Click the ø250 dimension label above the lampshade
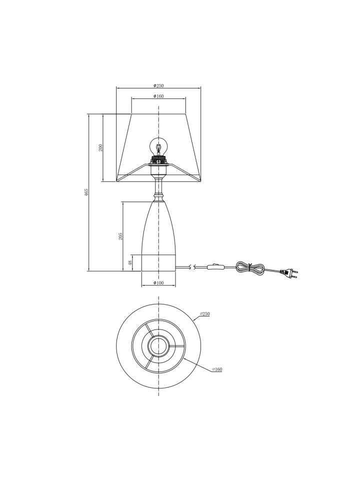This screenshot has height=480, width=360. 158,85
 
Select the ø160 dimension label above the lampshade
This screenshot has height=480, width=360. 158,96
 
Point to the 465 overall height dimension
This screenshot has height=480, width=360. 86,192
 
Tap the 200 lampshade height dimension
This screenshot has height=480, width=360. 100,147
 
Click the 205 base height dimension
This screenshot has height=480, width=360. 120,236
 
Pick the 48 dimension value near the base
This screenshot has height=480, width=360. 130,262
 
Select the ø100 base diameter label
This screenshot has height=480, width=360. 158,282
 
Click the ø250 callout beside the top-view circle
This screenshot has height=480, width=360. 205,314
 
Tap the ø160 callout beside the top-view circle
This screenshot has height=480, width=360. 217,369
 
